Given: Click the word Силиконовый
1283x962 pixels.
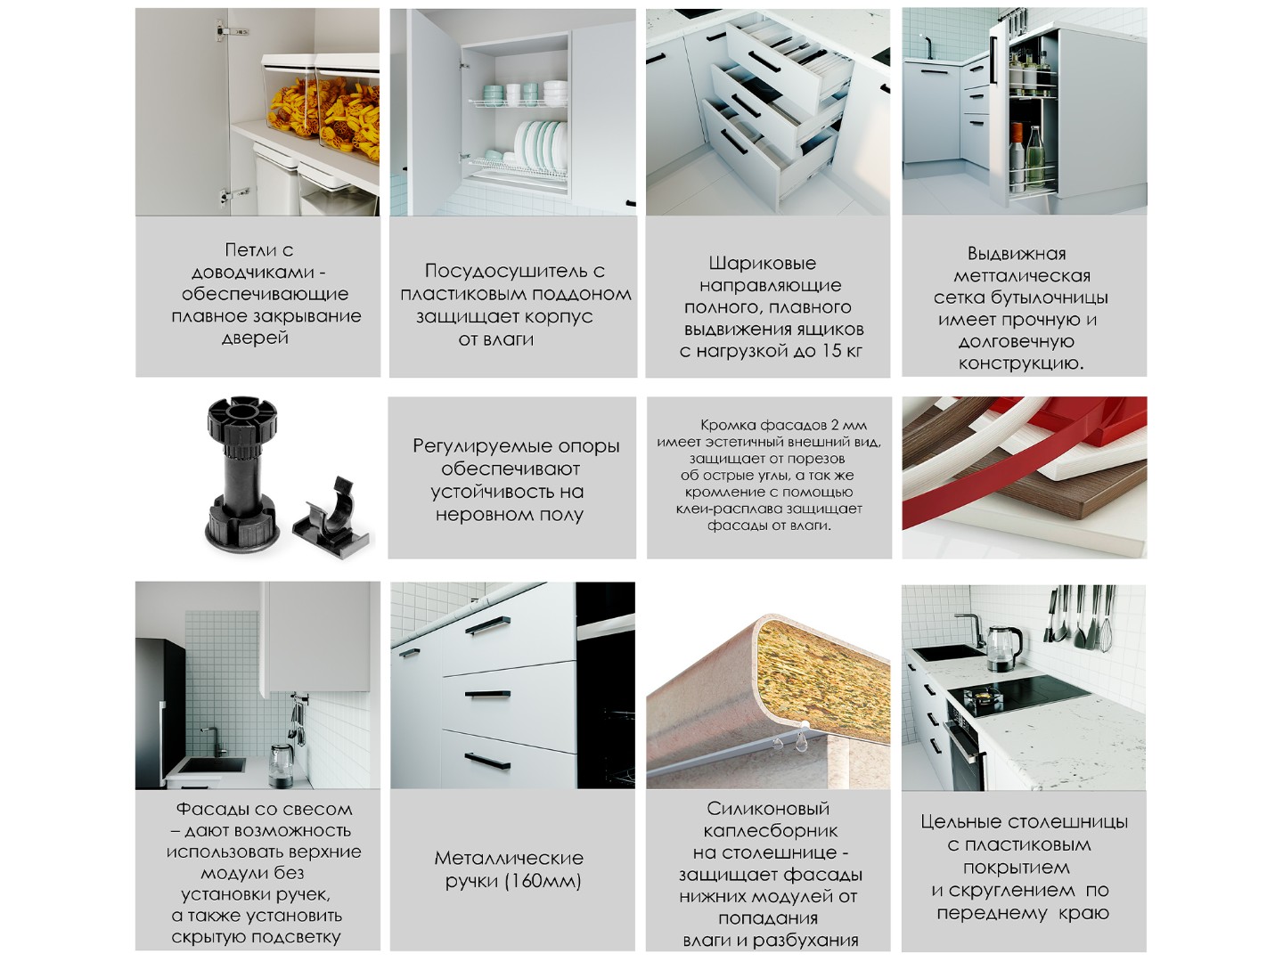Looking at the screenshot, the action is (x=768, y=809).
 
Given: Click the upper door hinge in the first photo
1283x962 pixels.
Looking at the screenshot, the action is (x=227, y=30).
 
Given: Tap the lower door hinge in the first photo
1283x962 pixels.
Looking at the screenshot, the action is (x=233, y=195).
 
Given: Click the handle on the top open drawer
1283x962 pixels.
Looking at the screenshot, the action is (x=764, y=61).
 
